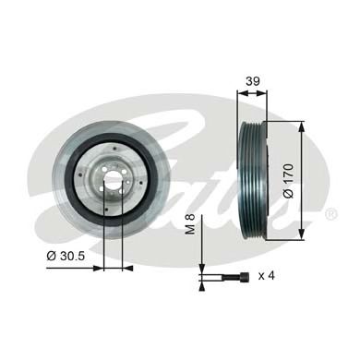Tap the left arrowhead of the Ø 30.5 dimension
coord(100,270)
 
